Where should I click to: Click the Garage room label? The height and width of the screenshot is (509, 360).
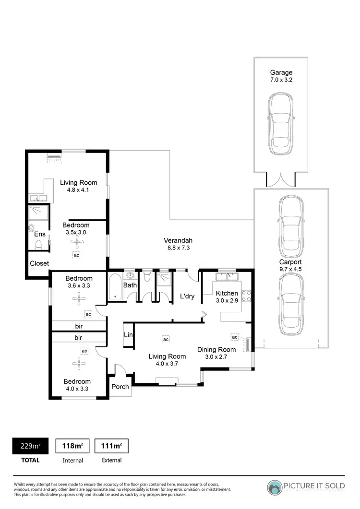(281, 73)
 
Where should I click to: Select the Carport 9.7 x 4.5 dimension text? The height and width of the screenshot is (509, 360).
(290, 270)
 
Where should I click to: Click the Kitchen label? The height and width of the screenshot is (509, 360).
(227, 293)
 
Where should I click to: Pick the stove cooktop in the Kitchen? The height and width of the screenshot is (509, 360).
(247, 296)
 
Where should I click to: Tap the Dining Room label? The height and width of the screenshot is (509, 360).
(216, 350)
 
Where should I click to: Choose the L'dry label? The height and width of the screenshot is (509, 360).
(187, 296)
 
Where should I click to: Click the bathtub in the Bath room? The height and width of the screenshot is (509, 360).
(116, 287)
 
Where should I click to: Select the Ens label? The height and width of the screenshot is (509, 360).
(40, 234)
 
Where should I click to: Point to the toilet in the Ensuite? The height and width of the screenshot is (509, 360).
(39, 245)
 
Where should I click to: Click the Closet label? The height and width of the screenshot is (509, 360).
(39, 263)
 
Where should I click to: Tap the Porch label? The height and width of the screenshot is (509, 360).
(120, 387)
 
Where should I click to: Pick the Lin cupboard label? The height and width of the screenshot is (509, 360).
(128, 334)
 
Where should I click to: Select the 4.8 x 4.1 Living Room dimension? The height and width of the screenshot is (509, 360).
(78, 190)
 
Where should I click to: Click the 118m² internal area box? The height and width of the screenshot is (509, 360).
(73, 446)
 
